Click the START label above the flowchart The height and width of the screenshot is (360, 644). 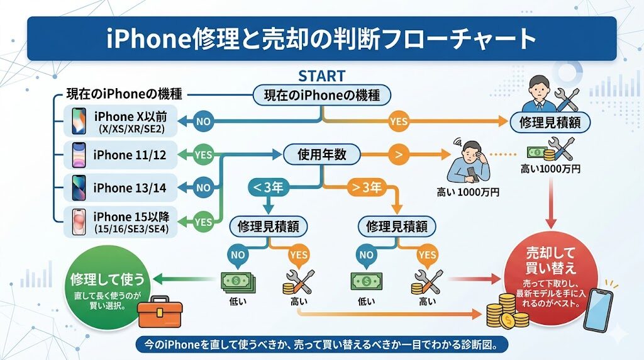tap(321, 76)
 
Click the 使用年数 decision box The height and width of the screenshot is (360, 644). tap(322, 154)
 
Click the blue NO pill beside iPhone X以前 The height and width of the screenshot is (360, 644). tap(204, 121)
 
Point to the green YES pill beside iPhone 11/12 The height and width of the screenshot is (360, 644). tap(203, 155)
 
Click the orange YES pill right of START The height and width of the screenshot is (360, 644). tap(399, 121)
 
